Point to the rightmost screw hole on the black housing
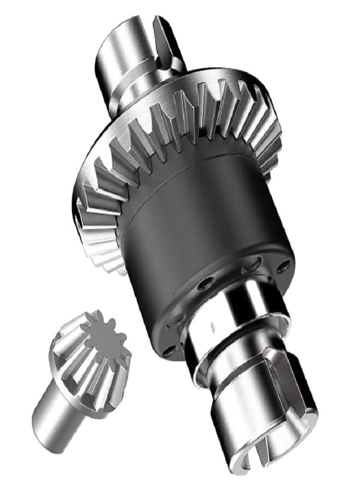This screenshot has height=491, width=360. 282,267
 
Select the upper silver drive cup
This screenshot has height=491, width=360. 131,55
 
